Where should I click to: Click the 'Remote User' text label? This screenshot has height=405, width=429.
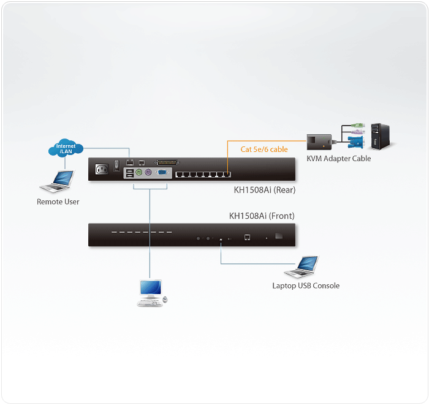click(x=58, y=202)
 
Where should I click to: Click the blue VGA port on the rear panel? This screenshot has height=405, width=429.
click(x=163, y=173)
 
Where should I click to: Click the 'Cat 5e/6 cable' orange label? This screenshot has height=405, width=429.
click(x=264, y=149)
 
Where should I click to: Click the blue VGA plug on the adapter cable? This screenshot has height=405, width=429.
click(x=354, y=142)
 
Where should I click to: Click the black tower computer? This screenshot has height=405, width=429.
click(x=380, y=137)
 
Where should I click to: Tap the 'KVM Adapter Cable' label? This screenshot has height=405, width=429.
click(x=339, y=159)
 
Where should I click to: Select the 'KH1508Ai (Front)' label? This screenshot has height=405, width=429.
click(x=262, y=216)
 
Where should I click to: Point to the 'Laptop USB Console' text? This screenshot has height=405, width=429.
click(x=306, y=286)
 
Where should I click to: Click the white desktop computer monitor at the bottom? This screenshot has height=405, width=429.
click(x=150, y=288)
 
